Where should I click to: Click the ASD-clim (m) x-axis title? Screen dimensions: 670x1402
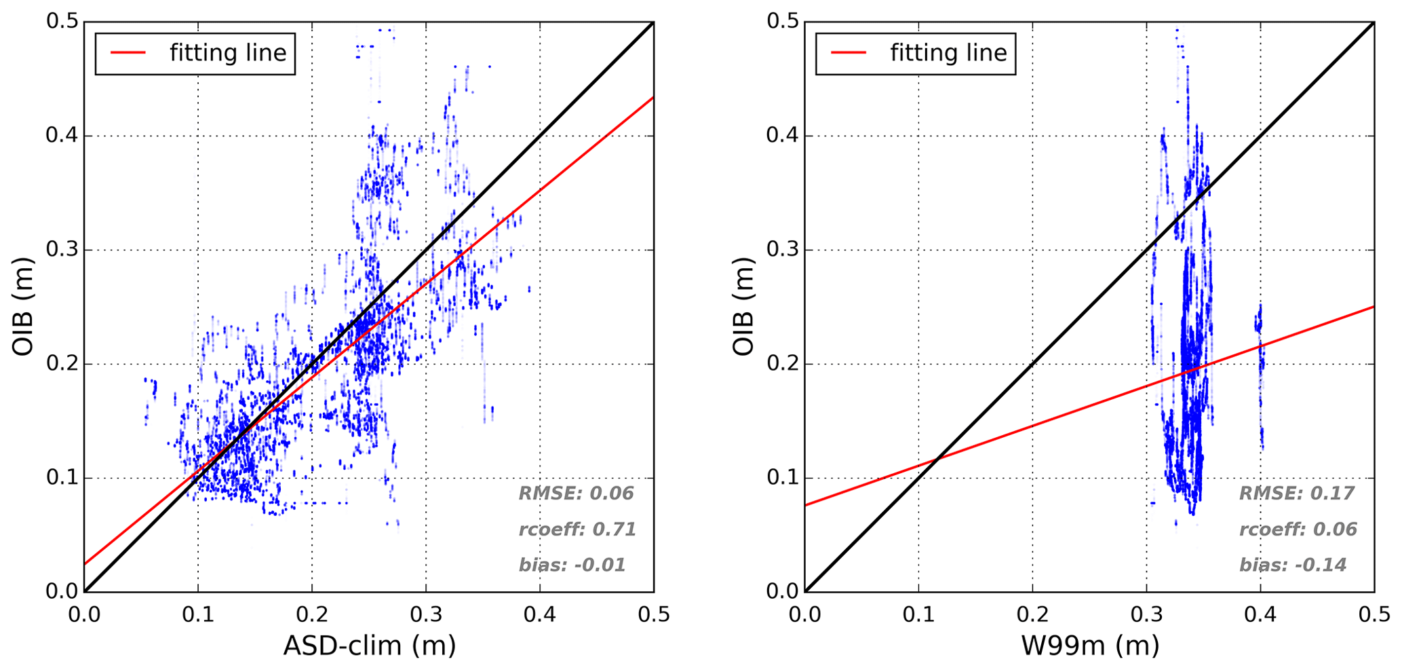click(x=369, y=645)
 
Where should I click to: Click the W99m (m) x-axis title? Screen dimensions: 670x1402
click(x=1089, y=645)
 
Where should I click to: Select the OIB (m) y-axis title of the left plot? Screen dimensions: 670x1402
click(x=24, y=307)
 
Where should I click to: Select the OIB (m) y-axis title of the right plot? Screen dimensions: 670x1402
click(x=744, y=307)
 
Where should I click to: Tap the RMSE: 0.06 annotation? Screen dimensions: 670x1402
click(x=576, y=494)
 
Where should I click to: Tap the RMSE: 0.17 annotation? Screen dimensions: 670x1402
click(x=1296, y=494)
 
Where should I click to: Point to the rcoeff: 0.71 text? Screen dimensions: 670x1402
click(x=577, y=529)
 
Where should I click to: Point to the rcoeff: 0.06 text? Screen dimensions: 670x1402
click(x=1298, y=529)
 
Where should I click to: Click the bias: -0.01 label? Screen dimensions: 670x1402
click(x=572, y=565)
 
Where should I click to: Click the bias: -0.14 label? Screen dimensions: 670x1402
click(x=1292, y=565)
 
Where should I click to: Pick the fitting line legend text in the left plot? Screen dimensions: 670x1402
click(x=228, y=53)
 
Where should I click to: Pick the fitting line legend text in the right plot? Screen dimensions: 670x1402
click(x=948, y=53)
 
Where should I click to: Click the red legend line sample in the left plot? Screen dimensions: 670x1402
click(x=128, y=53)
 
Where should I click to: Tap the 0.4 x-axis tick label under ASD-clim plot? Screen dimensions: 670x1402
click(x=540, y=615)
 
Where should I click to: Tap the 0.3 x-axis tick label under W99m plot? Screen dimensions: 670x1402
click(x=1146, y=615)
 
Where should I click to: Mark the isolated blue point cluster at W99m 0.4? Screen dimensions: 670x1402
click(x=1260, y=353)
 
